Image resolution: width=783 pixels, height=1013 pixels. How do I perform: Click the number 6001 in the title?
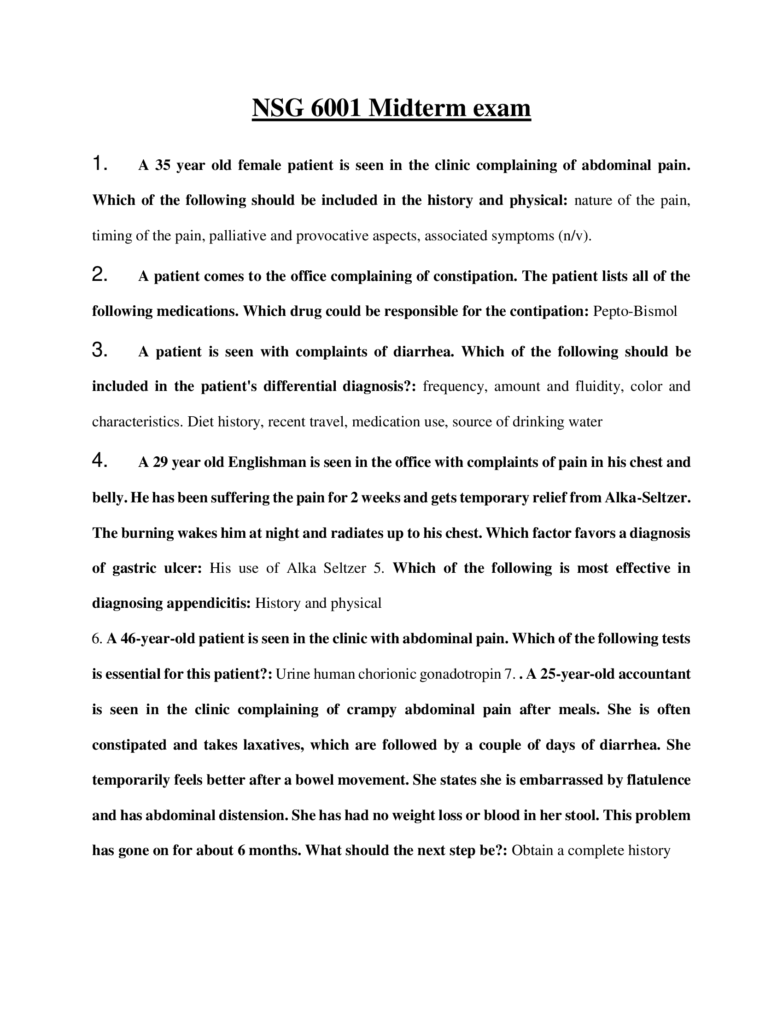335,108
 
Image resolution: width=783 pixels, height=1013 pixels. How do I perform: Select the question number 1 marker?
99,164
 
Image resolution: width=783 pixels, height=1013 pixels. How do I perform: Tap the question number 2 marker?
100,275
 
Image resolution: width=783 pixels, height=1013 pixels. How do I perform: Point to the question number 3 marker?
100,350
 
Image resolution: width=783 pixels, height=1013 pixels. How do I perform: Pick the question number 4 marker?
100,460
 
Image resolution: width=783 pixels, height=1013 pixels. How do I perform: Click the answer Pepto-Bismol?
635,311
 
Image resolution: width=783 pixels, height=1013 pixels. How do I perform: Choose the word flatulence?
658,780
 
